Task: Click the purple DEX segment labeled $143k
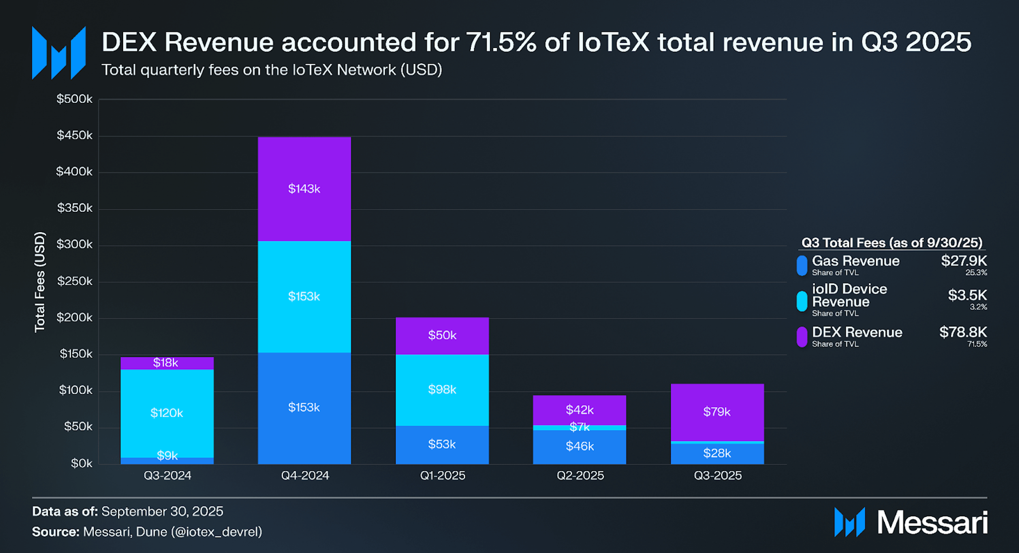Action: [x=304, y=189]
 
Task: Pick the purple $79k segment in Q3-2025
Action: [x=717, y=412]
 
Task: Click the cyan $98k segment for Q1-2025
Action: [x=442, y=390]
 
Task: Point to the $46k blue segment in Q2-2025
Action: [x=579, y=446]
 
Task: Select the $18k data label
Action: [x=166, y=363]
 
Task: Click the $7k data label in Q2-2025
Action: [x=579, y=427]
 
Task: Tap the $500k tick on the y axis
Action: [x=74, y=99]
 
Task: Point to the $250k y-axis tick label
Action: [x=74, y=281]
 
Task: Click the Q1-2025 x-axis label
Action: [x=442, y=475]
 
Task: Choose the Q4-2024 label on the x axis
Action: [x=305, y=475]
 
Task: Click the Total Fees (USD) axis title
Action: [x=40, y=282]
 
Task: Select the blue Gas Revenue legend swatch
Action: [x=802, y=266]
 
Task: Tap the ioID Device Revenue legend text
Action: [x=849, y=296]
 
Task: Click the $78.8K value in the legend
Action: [x=963, y=332]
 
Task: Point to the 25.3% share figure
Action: [x=976, y=273]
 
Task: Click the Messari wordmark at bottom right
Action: [x=932, y=523]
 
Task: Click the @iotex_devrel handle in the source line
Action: [x=216, y=532]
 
